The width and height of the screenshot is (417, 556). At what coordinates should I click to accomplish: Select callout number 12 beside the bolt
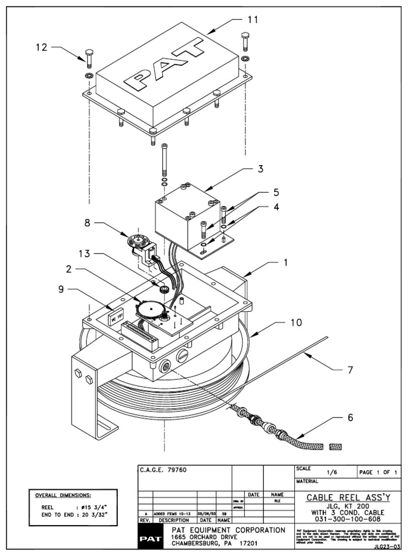click(x=42, y=47)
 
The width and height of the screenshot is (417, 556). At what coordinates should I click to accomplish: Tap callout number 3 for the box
click(x=260, y=168)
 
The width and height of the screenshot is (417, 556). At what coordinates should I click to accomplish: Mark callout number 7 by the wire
click(x=350, y=371)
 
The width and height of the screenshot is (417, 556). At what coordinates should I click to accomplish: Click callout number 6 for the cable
click(x=350, y=418)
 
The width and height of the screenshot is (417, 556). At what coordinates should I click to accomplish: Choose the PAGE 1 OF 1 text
click(x=380, y=473)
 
